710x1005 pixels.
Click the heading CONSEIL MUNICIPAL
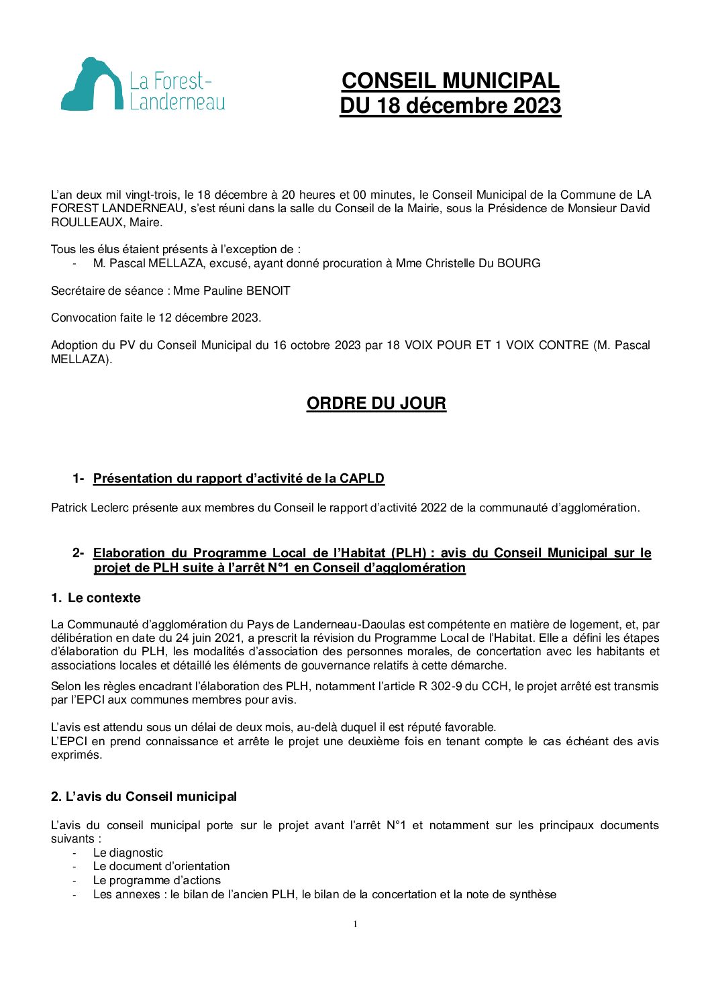pos(450,81)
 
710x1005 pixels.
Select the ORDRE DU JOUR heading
pos(376,403)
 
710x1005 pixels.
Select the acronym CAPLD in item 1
pos(362,479)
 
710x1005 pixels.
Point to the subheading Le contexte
pos(104,598)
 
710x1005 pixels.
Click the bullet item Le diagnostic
pos(128,853)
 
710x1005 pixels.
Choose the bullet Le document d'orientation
pos(161,867)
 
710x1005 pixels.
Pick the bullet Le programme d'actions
pos(156,880)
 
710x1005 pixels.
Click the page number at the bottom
pos(355,924)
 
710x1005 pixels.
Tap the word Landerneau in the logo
pos(177,101)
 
